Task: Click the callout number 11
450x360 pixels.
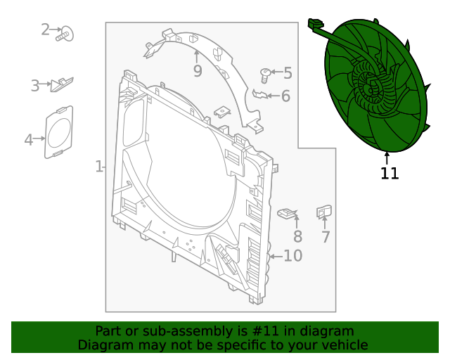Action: coord(390,173)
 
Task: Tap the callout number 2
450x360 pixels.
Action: coord(46,30)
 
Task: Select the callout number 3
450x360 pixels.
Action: coord(35,86)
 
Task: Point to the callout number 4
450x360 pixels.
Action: coord(29,140)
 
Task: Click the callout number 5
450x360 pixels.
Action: coord(287,72)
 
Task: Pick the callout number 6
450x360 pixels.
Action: coord(285,96)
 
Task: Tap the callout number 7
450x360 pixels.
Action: coord(326,237)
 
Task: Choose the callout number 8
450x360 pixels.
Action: coord(297,237)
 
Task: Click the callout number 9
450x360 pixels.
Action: coord(198,70)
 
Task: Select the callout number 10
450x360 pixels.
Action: coord(292,256)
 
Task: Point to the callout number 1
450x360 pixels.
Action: coord(99,167)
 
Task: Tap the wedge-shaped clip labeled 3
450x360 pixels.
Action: coord(63,84)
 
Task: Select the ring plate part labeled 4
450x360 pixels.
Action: coord(59,131)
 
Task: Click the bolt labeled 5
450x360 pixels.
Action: coord(265,74)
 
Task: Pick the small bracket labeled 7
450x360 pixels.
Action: coord(324,211)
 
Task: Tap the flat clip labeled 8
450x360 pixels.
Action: coord(288,212)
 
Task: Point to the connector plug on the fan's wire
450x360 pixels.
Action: coord(314,25)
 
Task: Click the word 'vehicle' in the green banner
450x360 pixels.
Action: coord(342,345)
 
